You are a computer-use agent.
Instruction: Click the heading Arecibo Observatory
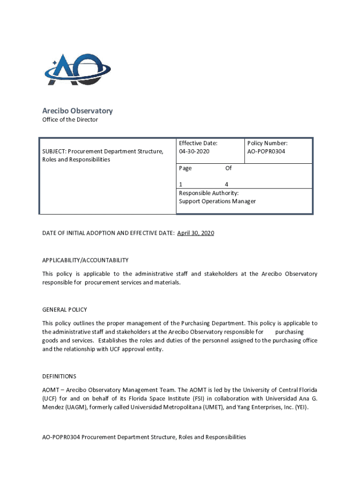coord(78,111)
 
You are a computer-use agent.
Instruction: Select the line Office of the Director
coord(70,120)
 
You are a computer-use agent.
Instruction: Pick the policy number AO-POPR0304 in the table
coord(266,152)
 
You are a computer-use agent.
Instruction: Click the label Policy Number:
coord(267,143)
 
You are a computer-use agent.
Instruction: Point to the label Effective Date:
coord(198,143)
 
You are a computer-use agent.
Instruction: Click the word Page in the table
coord(185,168)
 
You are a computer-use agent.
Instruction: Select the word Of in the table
coord(228,168)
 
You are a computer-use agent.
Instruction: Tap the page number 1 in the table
coord(181,184)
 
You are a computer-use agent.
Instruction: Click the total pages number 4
coord(226,184)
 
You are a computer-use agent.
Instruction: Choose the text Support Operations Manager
coord(217,201)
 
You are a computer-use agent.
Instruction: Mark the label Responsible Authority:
coord(209,193)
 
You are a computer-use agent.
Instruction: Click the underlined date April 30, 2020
coord(195,233)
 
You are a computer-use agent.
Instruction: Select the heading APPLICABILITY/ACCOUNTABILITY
coord(85,260)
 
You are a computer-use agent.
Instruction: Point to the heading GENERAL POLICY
coord(65,310)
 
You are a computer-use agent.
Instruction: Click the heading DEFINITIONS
coord(59,376)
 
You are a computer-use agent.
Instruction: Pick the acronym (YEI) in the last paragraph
coord(298,407)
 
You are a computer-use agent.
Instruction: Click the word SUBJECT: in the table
coord(54,152)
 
